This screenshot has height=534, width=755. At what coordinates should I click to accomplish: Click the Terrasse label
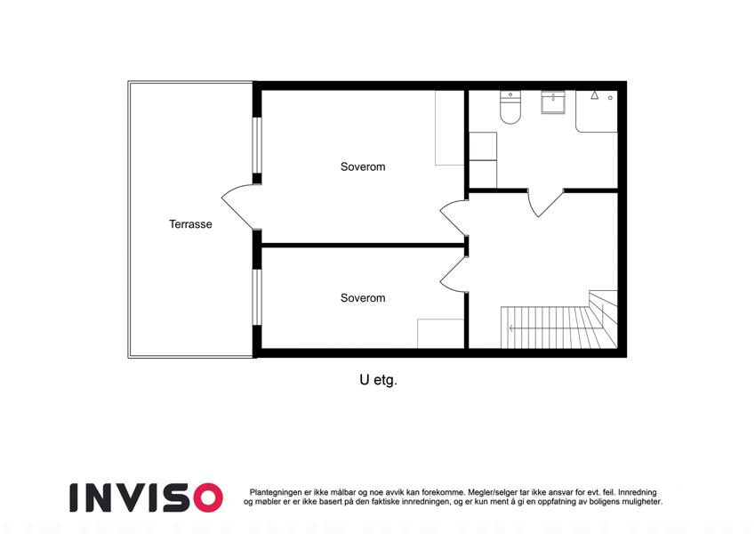click(190, 224)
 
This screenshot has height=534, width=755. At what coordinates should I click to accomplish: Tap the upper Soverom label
click(363, 166)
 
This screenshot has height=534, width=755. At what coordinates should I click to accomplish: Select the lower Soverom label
click(363, 298)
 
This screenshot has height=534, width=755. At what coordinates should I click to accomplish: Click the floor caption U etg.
click(378, 380)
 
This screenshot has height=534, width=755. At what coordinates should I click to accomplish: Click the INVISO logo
click(146, 498)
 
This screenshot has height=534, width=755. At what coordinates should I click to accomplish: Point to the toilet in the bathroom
click(510, 107)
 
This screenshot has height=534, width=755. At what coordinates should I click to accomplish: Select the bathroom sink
click(553, 102)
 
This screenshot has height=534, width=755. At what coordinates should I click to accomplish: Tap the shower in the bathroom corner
click(597, 111)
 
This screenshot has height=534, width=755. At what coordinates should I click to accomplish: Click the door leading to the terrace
click(237, 207)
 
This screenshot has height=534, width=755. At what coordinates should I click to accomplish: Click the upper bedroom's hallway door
click(453, 217)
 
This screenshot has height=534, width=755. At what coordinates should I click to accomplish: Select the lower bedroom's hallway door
click(453, 275)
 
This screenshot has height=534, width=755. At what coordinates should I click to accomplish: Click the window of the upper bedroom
click(258, 145)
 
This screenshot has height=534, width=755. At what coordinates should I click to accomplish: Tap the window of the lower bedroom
click(258, 297)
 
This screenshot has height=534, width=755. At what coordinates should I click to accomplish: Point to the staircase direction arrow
click(554, 328)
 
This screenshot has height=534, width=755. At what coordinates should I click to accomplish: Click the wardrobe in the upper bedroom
click(450, 128)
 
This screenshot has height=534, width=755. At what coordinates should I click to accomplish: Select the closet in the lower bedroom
click(440, 334)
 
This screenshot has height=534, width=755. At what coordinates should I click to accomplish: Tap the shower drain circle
click(610, 98)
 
